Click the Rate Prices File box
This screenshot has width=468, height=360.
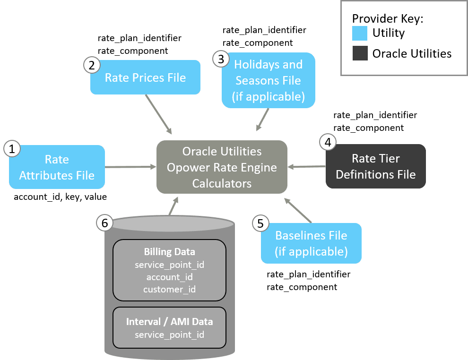(146, 77)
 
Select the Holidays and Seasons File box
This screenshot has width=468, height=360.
(268, 80)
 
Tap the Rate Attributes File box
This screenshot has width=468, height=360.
(57, 167)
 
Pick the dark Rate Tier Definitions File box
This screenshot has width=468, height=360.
(375, 167)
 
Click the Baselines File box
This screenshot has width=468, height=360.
(311, 243)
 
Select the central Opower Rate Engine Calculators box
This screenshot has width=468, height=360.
(222, 167)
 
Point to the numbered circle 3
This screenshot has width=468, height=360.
(220, 59)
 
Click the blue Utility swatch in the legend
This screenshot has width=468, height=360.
(360, 33)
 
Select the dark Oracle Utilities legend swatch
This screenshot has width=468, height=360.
(360, 53)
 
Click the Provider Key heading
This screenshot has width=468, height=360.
(387, 19)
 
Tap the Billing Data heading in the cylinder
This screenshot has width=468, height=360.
(169, 252)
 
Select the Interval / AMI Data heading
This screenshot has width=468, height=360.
(169, 322)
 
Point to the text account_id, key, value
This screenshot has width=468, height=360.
(60, 197)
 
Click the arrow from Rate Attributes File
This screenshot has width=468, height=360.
(130, 167)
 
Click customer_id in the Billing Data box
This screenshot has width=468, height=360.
(169, 289)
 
